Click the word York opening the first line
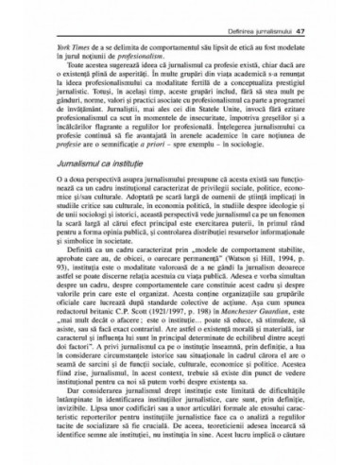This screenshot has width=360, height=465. (63, 31)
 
